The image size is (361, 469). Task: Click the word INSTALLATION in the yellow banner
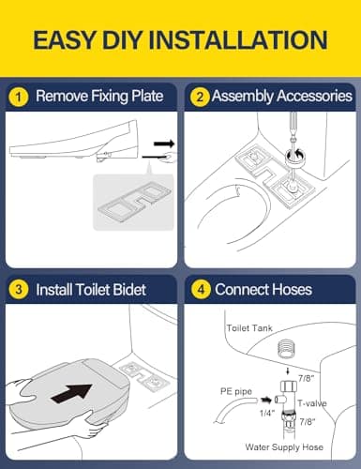237,40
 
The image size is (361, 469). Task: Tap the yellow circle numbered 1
19,97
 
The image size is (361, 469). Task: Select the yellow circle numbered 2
200,97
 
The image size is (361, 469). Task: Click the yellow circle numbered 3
19,289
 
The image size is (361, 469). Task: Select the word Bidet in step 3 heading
129,290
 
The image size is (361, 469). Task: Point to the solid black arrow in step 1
164,144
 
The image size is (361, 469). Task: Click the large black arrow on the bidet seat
71,393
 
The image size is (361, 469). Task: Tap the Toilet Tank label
249,328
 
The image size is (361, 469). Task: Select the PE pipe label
236,391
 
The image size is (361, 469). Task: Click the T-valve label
312,403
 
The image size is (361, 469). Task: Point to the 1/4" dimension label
267,413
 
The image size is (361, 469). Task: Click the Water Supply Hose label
284,447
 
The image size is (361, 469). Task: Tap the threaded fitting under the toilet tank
286,350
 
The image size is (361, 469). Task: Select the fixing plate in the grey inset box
134,202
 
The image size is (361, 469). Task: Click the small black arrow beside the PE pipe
266,401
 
